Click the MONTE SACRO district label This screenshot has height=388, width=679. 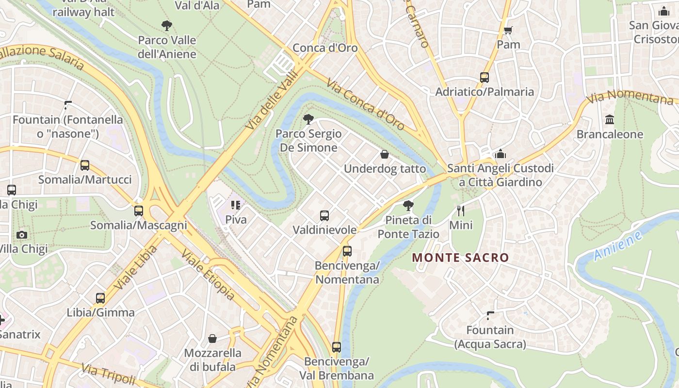coord(460,258)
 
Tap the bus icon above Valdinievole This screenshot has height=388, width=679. coord(324,216)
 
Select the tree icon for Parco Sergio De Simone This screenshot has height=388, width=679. coord(308,119)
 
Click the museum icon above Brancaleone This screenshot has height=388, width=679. coord(610,120)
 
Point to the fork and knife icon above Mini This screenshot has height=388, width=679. coord(461,210)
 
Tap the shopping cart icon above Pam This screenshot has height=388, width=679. coord(508,31)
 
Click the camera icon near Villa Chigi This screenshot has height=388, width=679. coord(21,235)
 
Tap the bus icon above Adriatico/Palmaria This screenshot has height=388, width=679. coord(484,78)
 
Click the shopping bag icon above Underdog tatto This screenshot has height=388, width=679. coord(385,154)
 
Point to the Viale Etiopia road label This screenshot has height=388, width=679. coord(208,275)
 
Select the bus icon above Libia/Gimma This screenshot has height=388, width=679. coord(100,298)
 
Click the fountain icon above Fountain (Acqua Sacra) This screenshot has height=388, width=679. coord(490,316)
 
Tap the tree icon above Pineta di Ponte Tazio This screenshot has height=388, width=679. coord(408,206)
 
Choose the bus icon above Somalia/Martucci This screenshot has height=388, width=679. coord(85,165)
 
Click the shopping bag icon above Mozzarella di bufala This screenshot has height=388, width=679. coord(212,339)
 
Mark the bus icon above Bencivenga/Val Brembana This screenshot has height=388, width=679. coord(336,347)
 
